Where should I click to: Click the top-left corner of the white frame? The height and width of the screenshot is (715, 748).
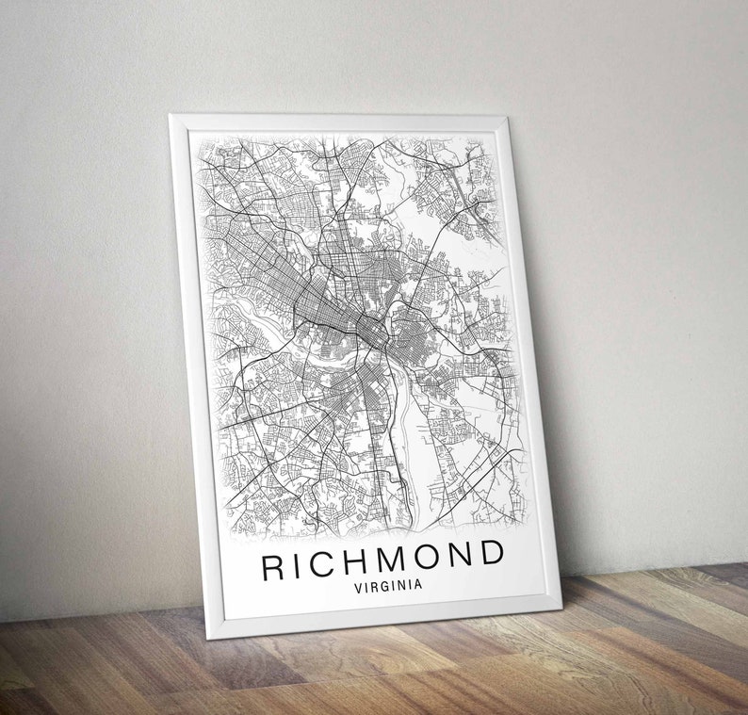pos(171,116)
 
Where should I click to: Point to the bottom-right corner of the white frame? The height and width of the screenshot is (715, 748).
pos(561,603)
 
